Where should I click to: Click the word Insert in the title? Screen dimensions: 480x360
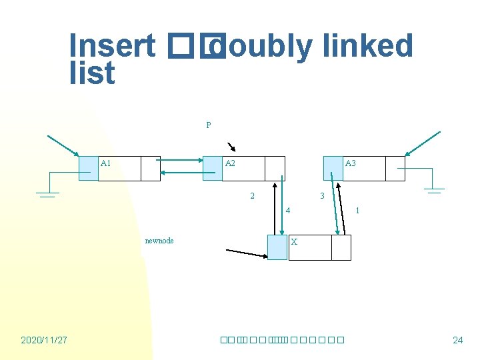[112, 46]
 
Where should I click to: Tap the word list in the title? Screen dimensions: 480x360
[92, 73]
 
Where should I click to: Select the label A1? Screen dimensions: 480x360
[106, 163]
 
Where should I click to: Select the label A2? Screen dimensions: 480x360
[230, 163]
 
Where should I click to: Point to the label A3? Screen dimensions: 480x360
[350, 163]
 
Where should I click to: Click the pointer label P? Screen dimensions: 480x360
[209, 125]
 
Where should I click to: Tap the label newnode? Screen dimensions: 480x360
[159, 241]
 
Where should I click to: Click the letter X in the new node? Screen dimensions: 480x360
[294, 241]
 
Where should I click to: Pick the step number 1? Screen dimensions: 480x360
[358, 211]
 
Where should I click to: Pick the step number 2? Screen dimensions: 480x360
[252, 196]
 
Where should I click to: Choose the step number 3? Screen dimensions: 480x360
[322, 196]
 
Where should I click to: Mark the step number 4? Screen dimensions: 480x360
[287, 211]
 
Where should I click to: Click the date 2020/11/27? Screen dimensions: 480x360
[44, 340]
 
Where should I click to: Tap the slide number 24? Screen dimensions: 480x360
[457, 340]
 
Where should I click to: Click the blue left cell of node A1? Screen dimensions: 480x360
[89, 169]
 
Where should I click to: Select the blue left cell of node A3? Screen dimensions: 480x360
[333, 169]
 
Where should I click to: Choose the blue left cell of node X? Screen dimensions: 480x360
[277, 247]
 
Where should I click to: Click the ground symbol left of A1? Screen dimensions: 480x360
[46, 193]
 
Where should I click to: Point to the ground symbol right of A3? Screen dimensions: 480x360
[435, 190]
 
